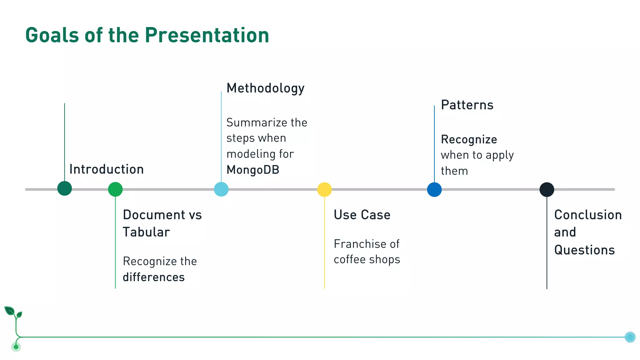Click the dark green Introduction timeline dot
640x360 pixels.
tap(65, 188)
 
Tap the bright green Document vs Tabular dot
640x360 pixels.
tap(115, 189)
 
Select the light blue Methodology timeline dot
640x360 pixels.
tap(221, 189)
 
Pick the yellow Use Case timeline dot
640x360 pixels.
tap(324, 189)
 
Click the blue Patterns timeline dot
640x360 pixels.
tap(434, 189)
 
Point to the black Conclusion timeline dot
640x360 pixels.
tap(547, 189)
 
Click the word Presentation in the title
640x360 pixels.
tap(207, 35)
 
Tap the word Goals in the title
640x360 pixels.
tap(52, 35)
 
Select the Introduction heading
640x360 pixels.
tap(107, 169)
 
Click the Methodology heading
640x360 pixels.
tap(265, 88)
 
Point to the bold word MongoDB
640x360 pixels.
tap(253, 170)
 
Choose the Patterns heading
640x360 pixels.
tap(467, 105)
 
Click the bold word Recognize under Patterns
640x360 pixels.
tap(469, 139)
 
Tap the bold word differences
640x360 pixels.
tap(154, 277)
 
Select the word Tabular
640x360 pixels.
tap(146, 232)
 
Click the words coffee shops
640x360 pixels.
tap(367, 260)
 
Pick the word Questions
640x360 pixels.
tap(584, 250)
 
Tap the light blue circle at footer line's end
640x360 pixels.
tap(630, 337)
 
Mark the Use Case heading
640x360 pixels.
tap(362, 215)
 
